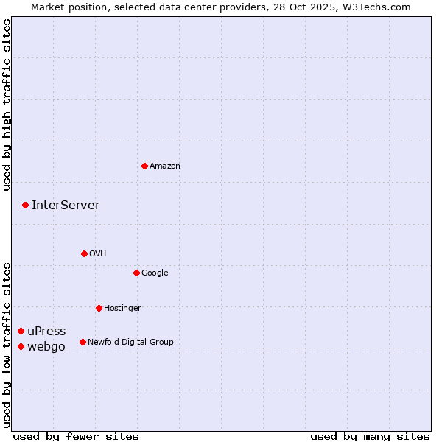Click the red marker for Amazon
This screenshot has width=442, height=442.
point(144,166)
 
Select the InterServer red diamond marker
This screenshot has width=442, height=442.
point(25,205)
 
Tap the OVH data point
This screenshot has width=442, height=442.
point(84,253)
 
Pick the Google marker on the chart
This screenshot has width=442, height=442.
point(136,273)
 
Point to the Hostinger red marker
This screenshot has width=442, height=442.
point(99,308)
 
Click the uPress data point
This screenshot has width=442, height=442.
point(21,331)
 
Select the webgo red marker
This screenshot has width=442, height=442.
point(21,346)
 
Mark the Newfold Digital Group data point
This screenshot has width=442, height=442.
point(83,342)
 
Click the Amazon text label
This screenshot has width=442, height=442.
point(165,166)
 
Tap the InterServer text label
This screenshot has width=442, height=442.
point(66,206)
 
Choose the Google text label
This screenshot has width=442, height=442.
point(155,273)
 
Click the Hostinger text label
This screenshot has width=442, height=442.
point(122,308)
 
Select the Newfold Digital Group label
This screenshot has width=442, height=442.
point(130,342)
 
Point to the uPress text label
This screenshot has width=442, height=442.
point(46,331)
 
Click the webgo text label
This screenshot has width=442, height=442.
point(46,347)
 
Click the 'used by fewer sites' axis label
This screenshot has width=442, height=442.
point(76,437)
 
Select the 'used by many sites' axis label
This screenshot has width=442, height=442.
point(370,437)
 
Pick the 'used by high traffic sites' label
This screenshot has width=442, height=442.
point(7,105)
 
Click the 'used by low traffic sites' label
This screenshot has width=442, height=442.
point(7,345)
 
